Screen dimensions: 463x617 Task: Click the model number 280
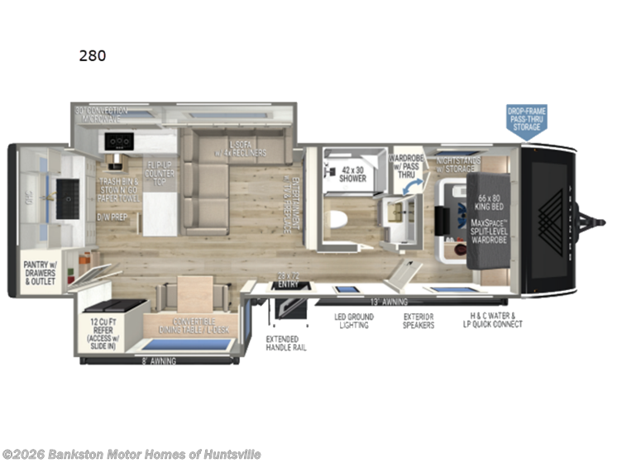pyautogui.click(x=93, y=56)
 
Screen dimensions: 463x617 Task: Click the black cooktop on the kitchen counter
pyautogui.click(x=120, y=141)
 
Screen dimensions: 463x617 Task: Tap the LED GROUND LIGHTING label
pyautogui.click(x=354, y=321)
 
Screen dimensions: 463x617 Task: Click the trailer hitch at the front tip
pyautogui.click(x=597, y=222)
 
